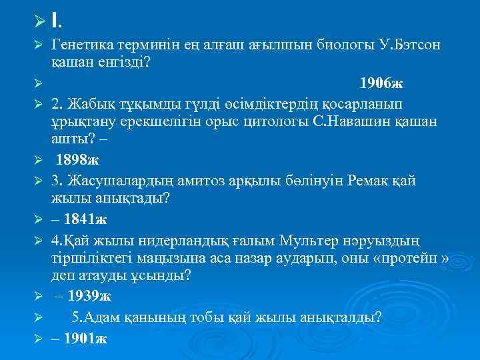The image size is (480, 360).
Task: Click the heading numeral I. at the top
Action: tap(58, 21)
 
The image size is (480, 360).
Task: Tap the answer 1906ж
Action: tap(381, 83)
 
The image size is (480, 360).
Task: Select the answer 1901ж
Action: tap(83, 338)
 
